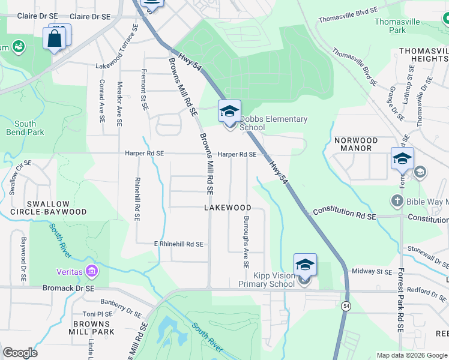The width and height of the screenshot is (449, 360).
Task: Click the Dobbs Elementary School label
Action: [x=273, y=123]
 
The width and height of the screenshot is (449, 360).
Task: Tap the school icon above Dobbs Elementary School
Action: [x=229, y=111]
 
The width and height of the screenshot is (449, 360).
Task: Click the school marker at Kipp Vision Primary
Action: [x=305, y=265]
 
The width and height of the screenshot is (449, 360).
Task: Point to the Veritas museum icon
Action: [x=91, y=272]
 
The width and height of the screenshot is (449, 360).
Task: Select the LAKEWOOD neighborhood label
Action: [x=228, y=208]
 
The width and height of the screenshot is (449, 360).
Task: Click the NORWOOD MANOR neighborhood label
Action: [x=356, y=144]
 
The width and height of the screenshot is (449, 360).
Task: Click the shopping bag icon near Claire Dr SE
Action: [x=54, y=39]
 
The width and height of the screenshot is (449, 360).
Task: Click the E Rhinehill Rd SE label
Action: [x=179, y=244]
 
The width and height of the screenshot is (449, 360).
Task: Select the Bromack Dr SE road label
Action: [x=69, y=288]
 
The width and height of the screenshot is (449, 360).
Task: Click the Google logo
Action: [x=20, y=353]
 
